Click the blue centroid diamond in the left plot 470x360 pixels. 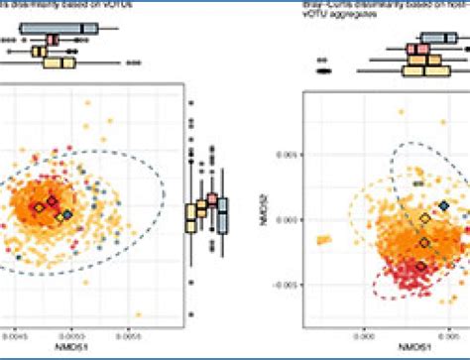tap(67, 214)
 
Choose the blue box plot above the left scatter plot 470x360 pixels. tap(73, 27)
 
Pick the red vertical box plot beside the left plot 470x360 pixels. tap(211, 203)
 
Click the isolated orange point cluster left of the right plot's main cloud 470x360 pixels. tap(322, 238)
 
